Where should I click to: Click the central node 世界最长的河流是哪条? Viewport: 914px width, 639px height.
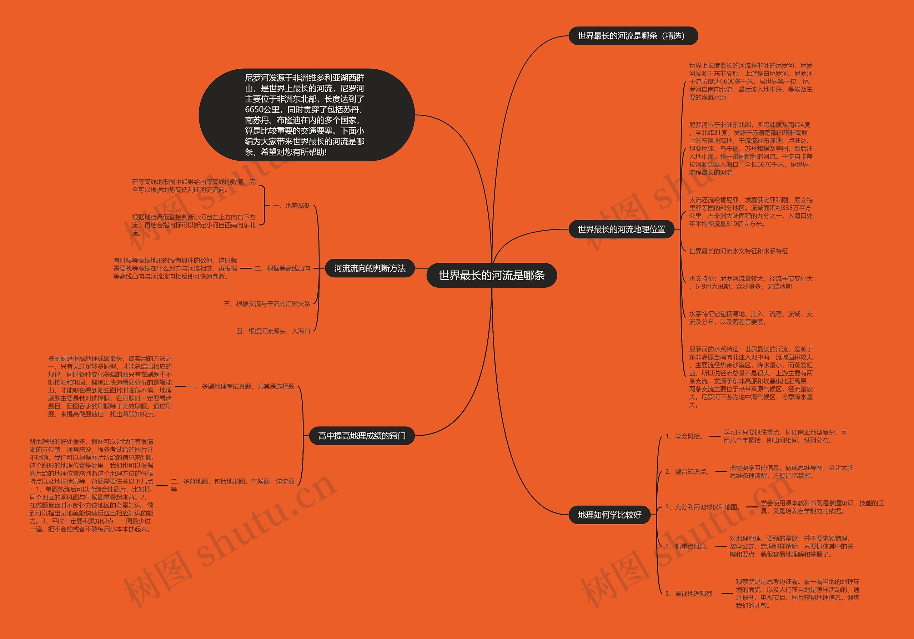491,275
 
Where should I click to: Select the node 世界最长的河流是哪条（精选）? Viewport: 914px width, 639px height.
633,36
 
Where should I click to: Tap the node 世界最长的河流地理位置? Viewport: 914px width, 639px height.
621,229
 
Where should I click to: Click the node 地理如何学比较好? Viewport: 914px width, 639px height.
609,515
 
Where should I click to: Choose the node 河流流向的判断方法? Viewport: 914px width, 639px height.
370,268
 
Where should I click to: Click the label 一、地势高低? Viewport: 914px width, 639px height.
292,205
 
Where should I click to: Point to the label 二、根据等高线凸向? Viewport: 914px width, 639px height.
282,268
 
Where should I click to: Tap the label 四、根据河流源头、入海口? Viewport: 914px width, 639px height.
273,331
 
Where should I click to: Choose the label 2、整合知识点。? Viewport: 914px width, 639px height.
688,472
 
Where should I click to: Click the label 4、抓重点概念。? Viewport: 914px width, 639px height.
688,546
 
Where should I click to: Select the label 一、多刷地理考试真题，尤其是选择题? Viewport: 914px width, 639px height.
242,386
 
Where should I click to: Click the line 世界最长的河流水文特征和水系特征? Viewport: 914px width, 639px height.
738,251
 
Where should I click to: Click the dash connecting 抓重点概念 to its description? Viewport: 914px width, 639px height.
720,546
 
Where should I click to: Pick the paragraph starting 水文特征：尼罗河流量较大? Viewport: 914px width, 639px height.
750,282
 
